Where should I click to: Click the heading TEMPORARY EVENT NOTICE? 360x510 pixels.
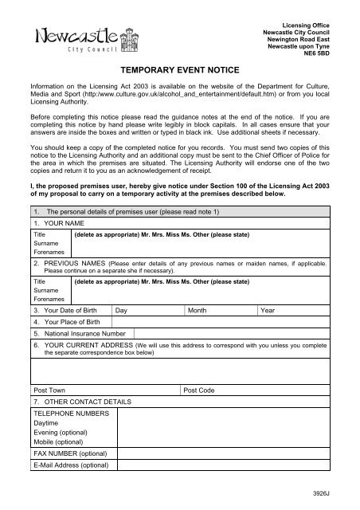click(180, 70)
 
